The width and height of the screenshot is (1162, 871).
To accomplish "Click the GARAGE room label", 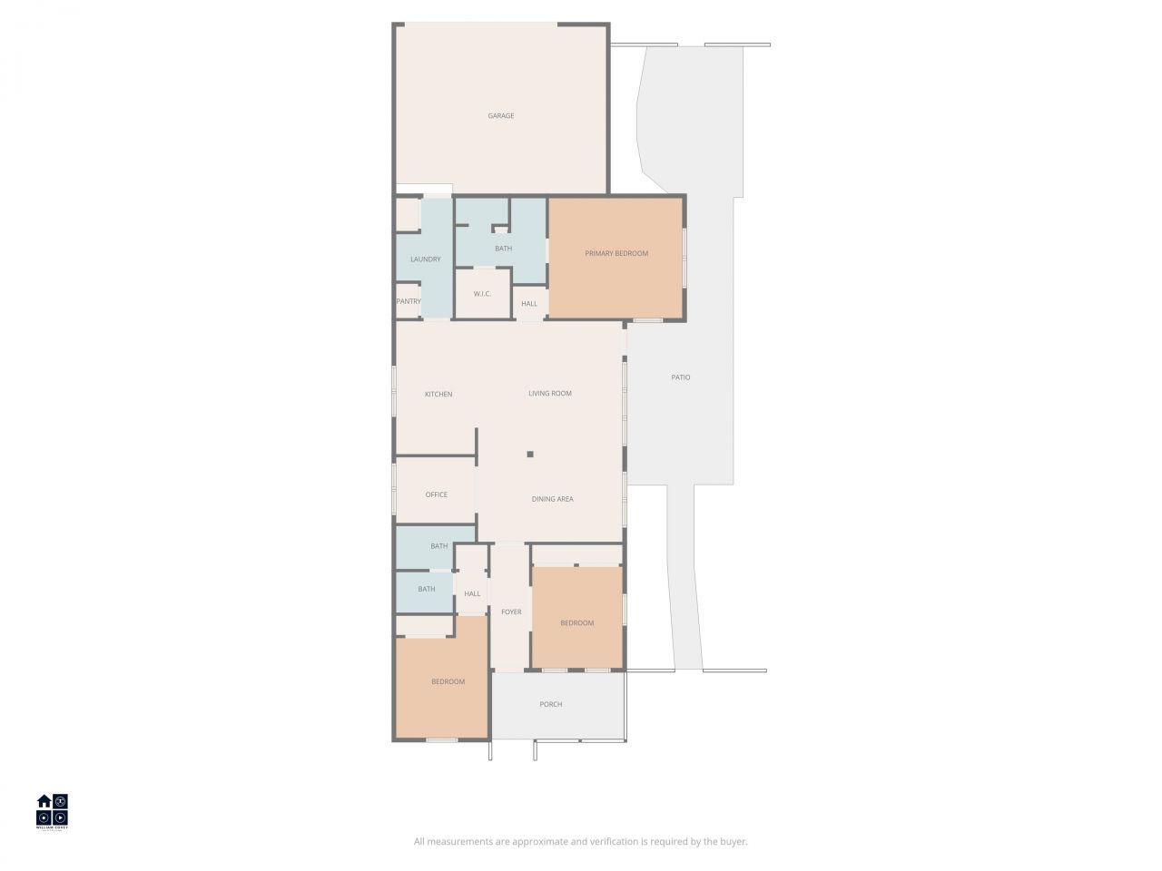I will click(501, 116).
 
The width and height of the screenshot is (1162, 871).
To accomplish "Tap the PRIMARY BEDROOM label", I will click(616, 253).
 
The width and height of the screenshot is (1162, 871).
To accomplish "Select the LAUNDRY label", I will click(425, 259).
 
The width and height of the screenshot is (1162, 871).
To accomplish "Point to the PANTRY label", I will click(409, 301).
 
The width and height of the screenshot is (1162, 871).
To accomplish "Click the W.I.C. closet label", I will click(482, 294).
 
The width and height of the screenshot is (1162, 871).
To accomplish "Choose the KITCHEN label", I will click(438, 394).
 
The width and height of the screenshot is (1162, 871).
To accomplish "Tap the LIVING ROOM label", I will click(550, 393).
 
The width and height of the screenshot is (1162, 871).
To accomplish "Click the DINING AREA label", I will click(552, 499).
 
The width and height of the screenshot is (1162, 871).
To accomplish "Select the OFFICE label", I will click(437, 494).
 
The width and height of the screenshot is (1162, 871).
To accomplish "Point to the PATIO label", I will click(681, 377).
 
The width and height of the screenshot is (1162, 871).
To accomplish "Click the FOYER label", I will click(511, 612).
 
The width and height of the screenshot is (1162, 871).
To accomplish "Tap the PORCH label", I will click(551, 704).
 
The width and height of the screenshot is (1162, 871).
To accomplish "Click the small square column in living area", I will click(530, 455).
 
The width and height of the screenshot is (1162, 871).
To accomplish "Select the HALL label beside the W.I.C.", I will click(529, 304).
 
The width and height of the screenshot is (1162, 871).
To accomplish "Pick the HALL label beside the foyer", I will click(472, 594).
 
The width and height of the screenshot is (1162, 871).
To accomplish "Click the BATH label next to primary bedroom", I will click(503, 249).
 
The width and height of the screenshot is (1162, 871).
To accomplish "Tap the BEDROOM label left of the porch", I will click(448, 682).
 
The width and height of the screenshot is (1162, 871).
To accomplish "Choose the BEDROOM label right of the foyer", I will click(576, 623).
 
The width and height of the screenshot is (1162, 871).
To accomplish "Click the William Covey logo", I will click(52, 811).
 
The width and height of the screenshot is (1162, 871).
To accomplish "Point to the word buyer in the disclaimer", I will click(731, 842).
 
